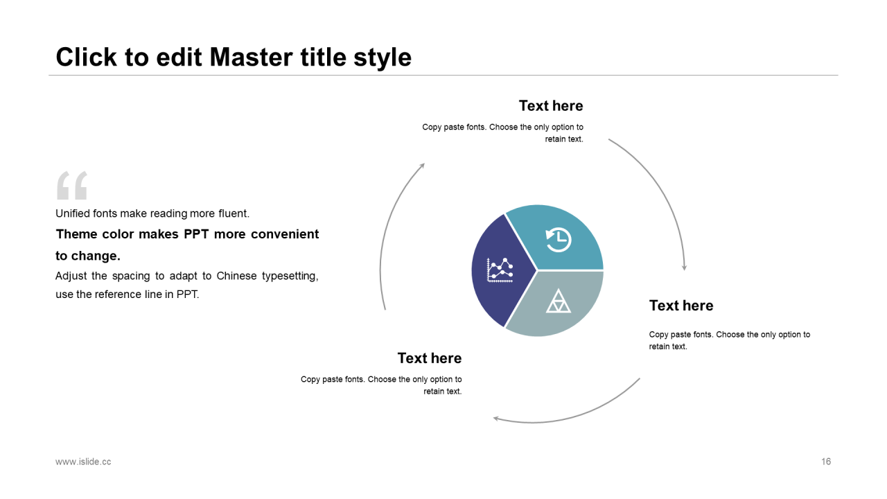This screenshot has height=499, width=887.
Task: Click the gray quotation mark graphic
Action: coord(71,185)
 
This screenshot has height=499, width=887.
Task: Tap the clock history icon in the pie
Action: coord(558,239)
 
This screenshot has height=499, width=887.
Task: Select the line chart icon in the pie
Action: coord(500,270)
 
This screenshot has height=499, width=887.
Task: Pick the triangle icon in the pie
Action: coord(558,301)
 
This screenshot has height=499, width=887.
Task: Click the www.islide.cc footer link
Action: coord(83,462)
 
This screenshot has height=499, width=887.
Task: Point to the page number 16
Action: coord(826,462)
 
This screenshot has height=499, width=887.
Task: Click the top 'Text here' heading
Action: coord(551,106)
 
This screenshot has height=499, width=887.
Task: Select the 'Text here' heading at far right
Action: coord(681,306)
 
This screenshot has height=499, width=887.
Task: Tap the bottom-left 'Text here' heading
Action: coord(430,358)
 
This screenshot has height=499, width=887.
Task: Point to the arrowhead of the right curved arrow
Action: coord(684,268)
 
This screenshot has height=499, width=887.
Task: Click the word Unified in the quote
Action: coord(73,213)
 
